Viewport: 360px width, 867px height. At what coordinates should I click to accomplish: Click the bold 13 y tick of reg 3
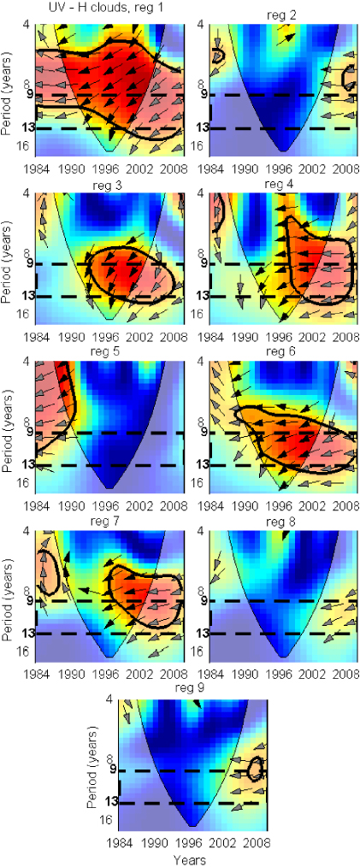click(x=35, y=297)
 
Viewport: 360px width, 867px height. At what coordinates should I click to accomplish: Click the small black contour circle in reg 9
click(x=254, y=769)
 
